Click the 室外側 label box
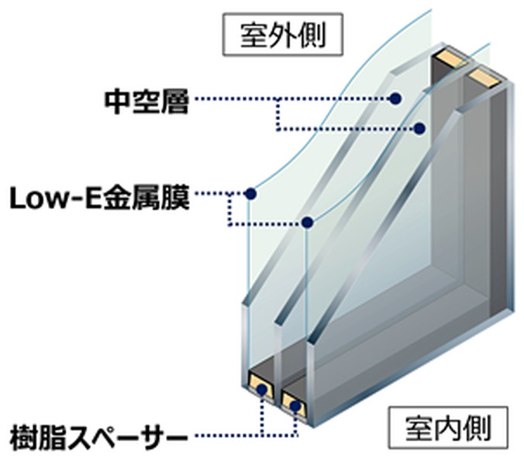click(x=283, y=34)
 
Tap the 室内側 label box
click(x=448, y=428)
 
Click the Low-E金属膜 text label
click(x=99, y=198)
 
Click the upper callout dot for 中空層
click(x=395, y=98)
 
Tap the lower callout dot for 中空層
click(x=419, y=129)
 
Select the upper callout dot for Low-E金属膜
click(x=250, y=194)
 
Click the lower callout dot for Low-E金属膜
click(x=307, y=222)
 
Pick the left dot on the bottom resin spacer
click(x=262, y=389)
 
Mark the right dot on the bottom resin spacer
click(x=295, y=406)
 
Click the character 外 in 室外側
click(x=283, y=35)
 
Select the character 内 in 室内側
click(x=448, y=429)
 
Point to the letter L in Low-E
click(x=19, y=198)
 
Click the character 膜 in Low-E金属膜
click(x=176, y=198)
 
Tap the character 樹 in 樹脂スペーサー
click(x=24, y=436)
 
